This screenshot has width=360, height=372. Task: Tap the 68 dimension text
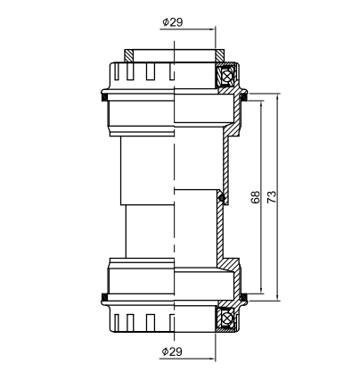point(256,198)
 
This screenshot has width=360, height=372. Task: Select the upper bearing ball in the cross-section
point(227,73)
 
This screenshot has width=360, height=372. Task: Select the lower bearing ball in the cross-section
point(227,316)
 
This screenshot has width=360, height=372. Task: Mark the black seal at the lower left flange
point(105,296)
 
